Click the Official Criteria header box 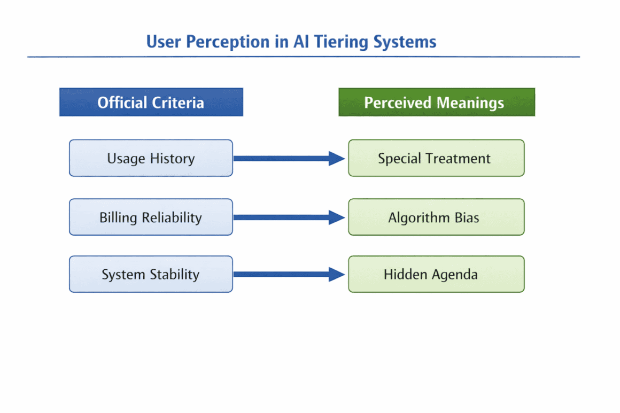pos(151,102)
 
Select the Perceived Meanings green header pos(436,102)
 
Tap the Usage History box pos(151,158)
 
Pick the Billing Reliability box pos(151,217)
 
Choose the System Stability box pos(151,274)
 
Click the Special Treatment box pos(436,158)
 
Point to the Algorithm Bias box pos(436,217)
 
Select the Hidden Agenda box pos(436,274)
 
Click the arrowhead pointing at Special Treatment pos(337,158)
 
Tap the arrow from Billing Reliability pos(289,217)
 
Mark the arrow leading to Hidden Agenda pos(289,274)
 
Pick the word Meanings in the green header pos(470,102)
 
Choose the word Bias pos(467,217)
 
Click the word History pos(172,158)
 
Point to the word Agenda pos(455,274)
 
